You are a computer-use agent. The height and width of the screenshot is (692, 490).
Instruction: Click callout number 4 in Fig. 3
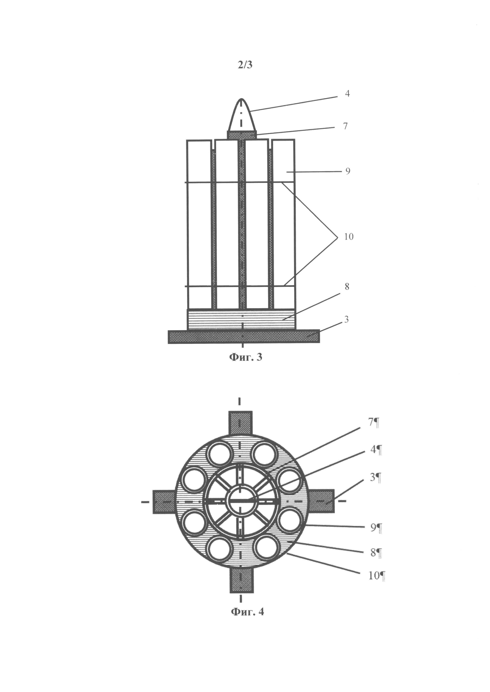(x=347, y=94)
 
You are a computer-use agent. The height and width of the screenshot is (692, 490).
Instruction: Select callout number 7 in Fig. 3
(x=346, y=126)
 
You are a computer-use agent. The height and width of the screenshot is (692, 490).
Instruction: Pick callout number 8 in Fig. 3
(x=347, y=287)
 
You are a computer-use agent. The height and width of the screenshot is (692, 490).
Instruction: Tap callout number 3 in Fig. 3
(x=346, y=319)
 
